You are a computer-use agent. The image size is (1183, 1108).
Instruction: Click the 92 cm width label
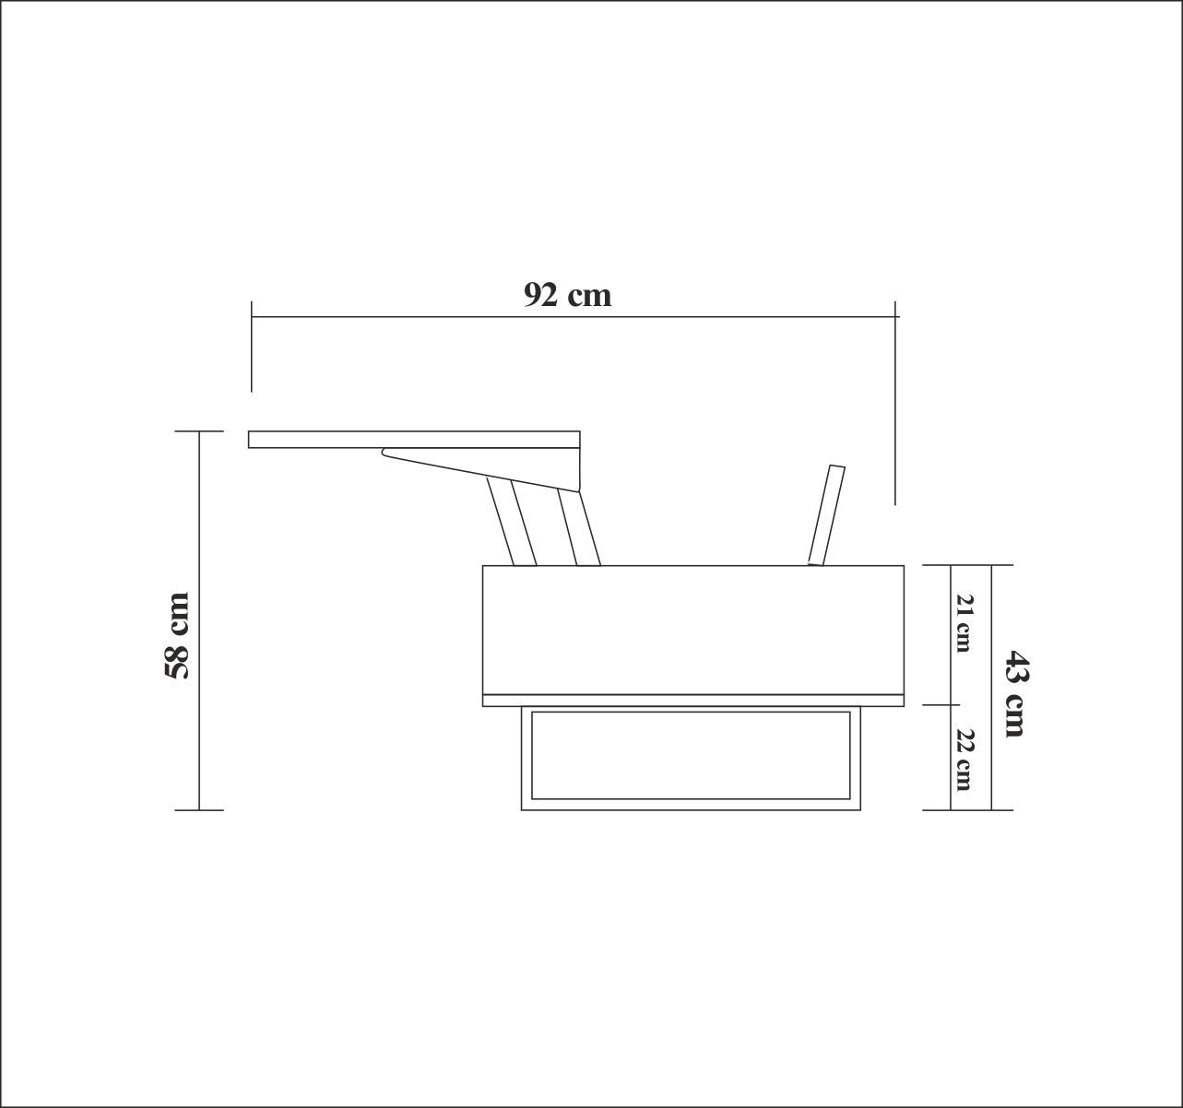pos(567,295)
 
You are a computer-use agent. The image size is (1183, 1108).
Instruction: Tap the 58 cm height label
pos(177,636)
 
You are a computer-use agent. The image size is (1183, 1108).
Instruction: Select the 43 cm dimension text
pos(1013,693)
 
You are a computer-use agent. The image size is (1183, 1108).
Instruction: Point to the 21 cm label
pos(964,623)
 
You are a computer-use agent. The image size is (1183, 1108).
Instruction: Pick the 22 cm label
pos(964,760)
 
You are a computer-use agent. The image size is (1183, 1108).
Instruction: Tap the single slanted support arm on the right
pos(826,514)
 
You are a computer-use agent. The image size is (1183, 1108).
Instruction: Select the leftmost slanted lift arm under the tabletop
pos(512,524)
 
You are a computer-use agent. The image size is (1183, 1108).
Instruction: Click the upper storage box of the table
pos(692,630)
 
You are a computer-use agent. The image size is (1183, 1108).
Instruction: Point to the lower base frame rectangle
pos(691,806)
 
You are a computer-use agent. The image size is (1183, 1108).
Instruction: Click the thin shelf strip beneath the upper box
pos(692,701)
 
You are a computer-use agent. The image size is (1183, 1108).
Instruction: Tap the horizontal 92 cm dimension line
pos(572,316)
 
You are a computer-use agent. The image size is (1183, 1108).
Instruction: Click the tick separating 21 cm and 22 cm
pos(952,705)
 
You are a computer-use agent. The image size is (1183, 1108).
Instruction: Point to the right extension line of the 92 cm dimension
pos(894,406)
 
